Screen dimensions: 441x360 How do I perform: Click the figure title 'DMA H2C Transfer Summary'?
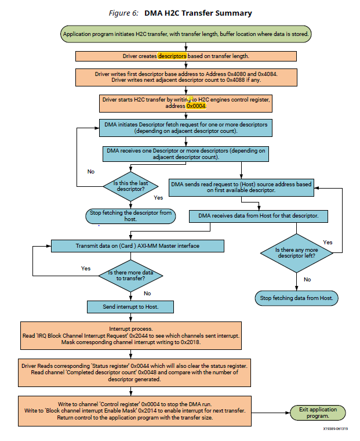[198, 12]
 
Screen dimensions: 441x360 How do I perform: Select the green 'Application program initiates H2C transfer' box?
[186, 34]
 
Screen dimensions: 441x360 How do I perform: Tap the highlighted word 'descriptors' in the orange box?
[172, 56]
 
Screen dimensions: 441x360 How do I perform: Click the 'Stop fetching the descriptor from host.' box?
[130, 216]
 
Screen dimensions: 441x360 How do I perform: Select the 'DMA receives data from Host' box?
[259, 216]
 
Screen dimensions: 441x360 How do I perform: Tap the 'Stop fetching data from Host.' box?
[296, 298]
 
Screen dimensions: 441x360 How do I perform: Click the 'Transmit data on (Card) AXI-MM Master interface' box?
[137, 245]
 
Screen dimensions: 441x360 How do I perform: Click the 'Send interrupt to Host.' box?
[130, 306]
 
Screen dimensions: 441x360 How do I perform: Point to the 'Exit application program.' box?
[314, 413]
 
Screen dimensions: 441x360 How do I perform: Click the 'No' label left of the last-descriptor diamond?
[91, 172]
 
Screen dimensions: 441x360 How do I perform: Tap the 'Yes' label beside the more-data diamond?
[86, 269]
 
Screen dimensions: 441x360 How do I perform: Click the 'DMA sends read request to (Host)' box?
[241, 187]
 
